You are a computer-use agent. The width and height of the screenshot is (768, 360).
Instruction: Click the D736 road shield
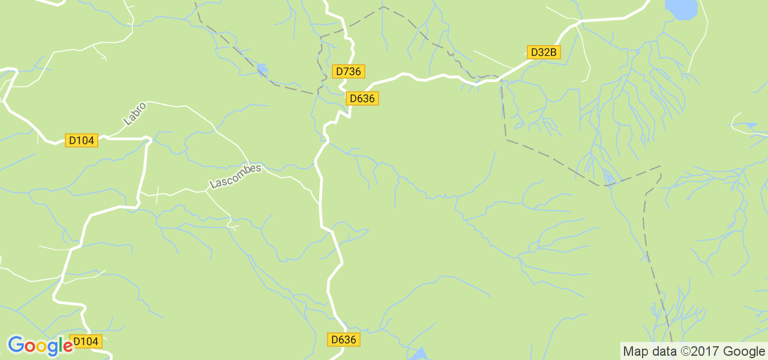point(349,71)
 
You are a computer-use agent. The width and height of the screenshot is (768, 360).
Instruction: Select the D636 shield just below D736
point(362,98)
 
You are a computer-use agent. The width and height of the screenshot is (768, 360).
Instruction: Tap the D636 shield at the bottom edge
point(344,340)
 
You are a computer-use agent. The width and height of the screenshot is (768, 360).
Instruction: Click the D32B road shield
point(544,52)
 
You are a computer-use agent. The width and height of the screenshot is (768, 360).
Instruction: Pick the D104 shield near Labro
point(82,140)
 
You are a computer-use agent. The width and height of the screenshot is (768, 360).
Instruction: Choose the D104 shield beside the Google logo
point(85,341)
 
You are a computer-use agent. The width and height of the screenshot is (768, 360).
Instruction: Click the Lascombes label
point(236,176)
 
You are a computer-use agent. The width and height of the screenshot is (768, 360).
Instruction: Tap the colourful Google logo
point(40,346)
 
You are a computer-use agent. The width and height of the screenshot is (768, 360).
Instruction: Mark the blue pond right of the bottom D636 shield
point(419,353)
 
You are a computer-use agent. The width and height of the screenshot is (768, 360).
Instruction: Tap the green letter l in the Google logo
point(60,345)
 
